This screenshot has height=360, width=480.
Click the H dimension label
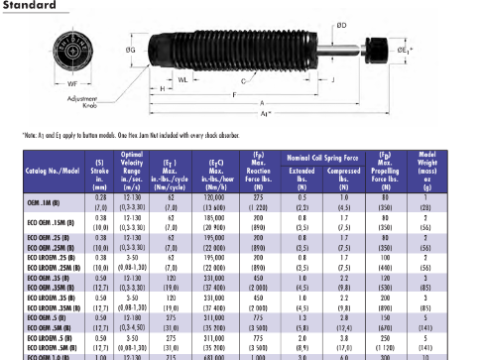[x=162, y=87]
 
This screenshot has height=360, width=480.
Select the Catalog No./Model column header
[x=53, y=172]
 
